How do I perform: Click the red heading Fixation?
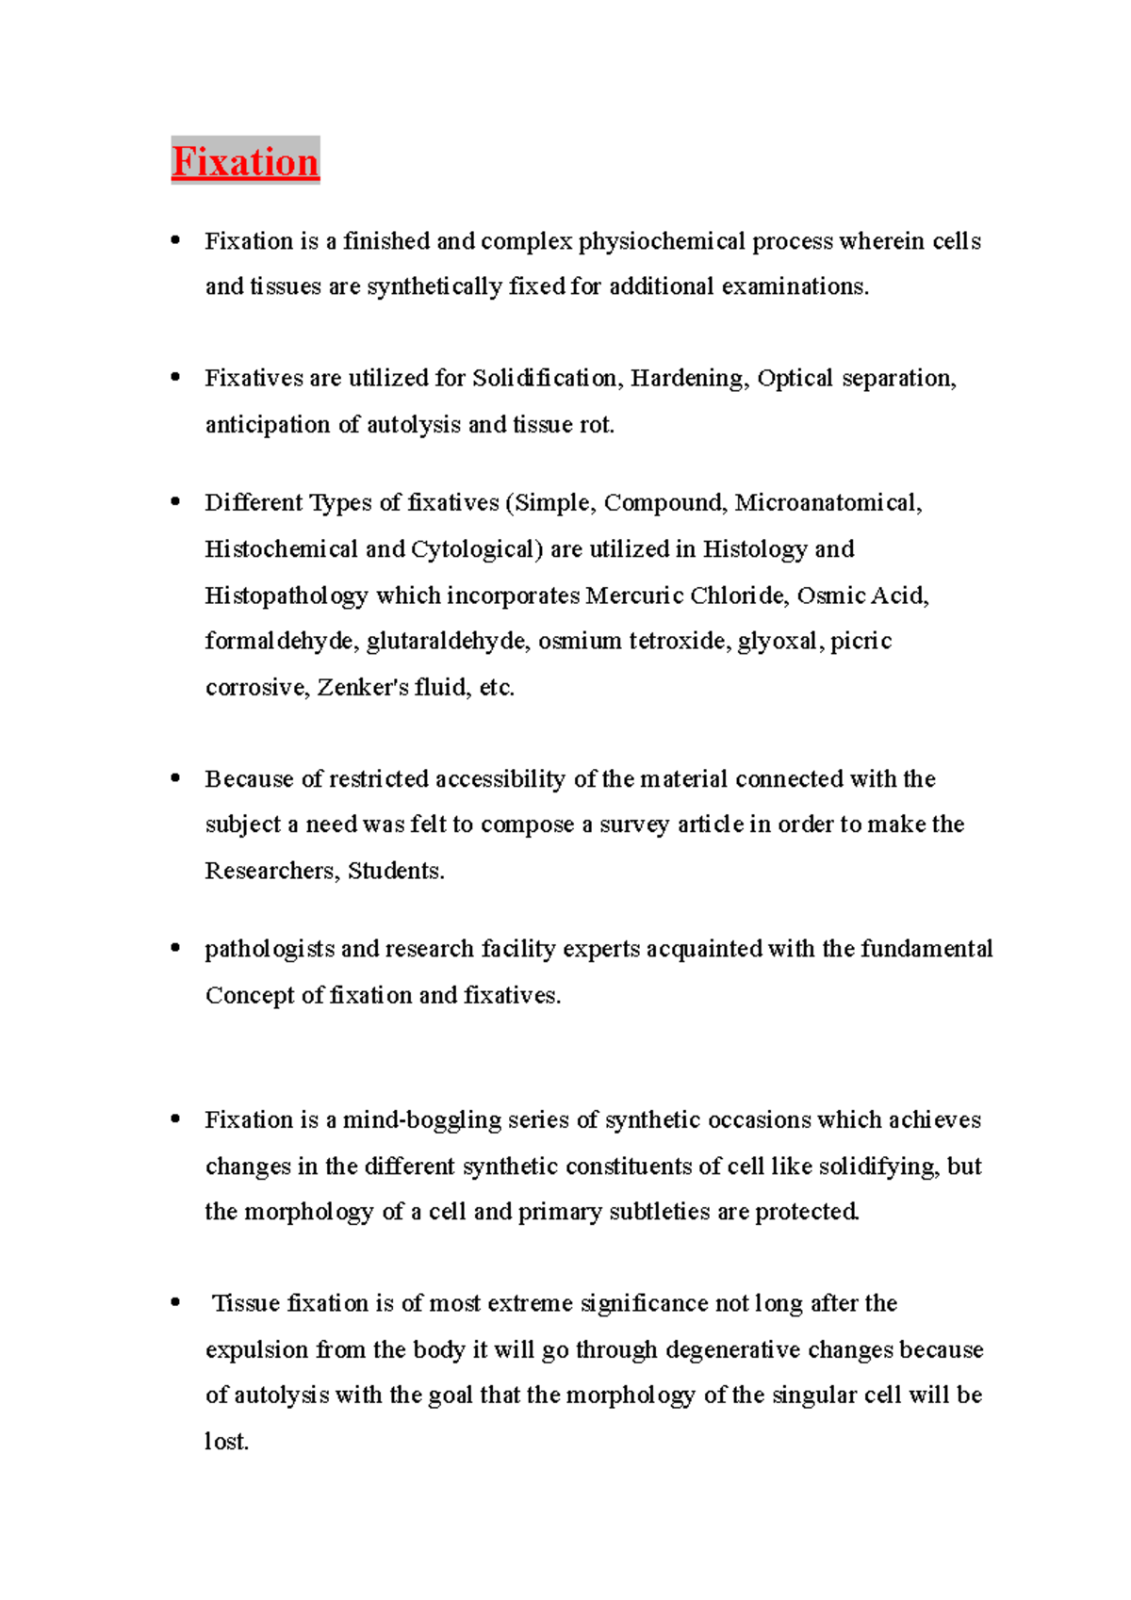(245, 162)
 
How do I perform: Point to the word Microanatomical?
(828, 503)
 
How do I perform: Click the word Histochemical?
(281, 549)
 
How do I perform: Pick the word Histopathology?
(286, 596)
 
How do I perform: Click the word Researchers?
(270, 872)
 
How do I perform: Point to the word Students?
(395, 872)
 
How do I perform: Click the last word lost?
(225, 1443)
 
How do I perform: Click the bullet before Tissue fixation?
(175, 1304)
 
